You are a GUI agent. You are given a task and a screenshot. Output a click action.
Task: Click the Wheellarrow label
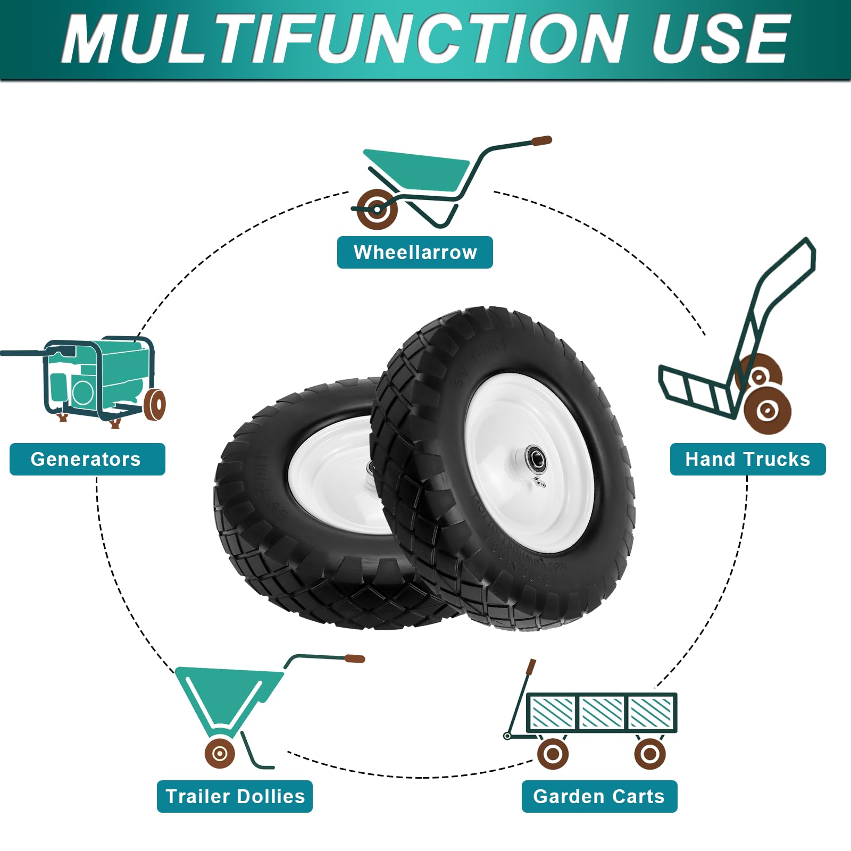click(x=415, y=252)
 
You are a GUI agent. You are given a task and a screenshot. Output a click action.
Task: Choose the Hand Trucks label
click(x=747, y=459)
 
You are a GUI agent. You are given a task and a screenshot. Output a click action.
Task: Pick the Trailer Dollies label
click(x=235, y=796)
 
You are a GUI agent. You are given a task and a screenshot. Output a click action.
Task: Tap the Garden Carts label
click(x=599, y=796)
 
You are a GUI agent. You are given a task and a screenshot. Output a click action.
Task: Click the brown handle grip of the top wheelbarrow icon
click(x=541, y=141)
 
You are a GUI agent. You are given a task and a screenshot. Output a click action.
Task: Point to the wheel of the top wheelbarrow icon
click(x=377, y=209)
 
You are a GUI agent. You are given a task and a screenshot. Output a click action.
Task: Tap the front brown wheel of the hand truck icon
click(x=767, y=410)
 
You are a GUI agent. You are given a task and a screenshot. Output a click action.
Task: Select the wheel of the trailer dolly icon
click(x=220, y=753)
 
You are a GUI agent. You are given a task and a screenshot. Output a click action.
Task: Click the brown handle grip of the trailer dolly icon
click(x=354, y=659)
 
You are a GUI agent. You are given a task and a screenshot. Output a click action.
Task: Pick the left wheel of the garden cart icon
click(x=553, y=753)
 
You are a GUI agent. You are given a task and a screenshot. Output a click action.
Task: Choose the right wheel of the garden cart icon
click(x=650, y=753)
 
